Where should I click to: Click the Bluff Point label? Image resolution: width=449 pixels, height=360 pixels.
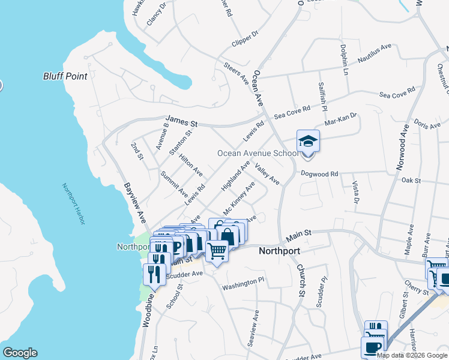click(65, 76)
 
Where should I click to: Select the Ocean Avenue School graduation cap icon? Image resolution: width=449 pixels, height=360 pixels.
click(308, 142)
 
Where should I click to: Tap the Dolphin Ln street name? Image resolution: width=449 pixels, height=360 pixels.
click(344, 58)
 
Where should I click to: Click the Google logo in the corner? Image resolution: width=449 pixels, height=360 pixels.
click(19, 353)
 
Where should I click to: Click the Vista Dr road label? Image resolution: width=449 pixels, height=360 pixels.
click(354, 193)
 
